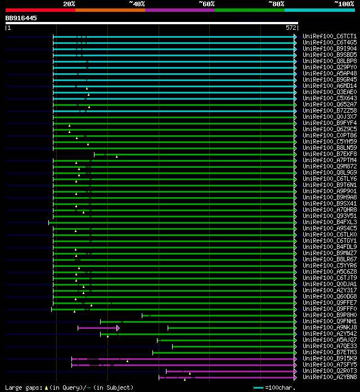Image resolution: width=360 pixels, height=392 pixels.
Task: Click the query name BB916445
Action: [x=21, y=18]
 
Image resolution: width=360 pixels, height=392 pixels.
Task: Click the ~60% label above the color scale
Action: [x=206, y=3]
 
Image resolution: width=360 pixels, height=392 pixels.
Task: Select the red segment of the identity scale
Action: [x=40, y=10]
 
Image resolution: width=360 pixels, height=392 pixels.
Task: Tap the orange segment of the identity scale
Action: [x=110, y=10]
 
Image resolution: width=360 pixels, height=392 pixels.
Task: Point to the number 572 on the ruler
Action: [x=291, y=27]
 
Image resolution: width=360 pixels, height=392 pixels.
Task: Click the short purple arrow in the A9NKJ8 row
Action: [x=98, y=328]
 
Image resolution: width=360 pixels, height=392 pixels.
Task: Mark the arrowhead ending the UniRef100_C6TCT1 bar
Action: [x=295, y=37]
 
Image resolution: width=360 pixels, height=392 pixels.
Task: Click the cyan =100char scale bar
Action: [x=258, y=387]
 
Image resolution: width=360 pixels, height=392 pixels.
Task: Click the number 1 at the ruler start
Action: [x=8, y=27]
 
